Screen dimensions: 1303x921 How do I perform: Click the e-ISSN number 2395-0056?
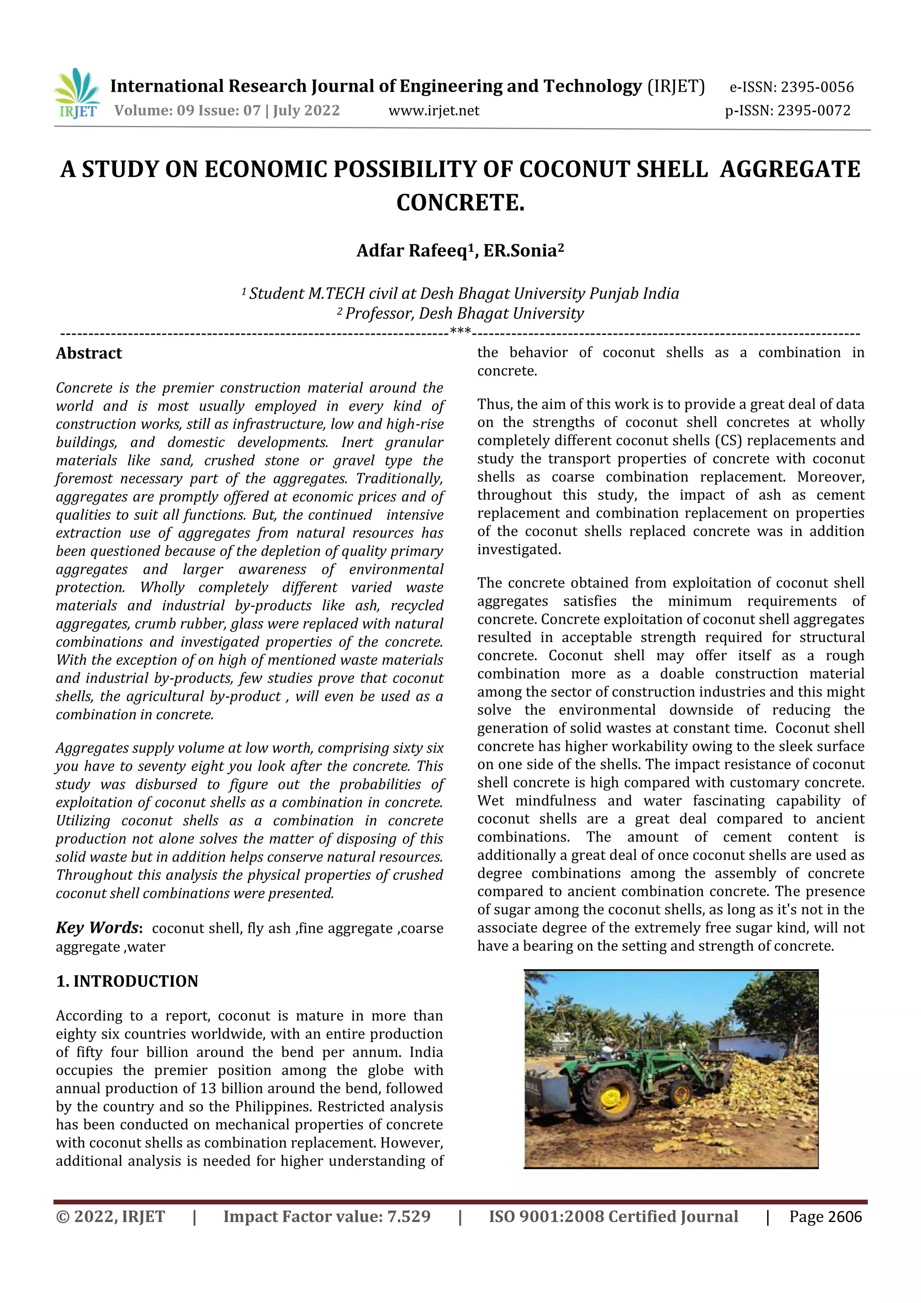pos(817,87)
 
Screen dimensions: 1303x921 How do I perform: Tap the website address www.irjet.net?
pos(434,111)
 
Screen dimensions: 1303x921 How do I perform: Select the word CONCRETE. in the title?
pos(460,202)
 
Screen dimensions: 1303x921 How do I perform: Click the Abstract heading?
pos(89,353)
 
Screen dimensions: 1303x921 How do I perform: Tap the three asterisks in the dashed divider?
pos(460,331)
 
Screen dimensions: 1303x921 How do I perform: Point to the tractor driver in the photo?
pos(609,1046)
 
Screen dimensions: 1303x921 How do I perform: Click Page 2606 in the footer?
pos(825,1217)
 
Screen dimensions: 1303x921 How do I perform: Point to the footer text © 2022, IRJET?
pos(111,1217)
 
